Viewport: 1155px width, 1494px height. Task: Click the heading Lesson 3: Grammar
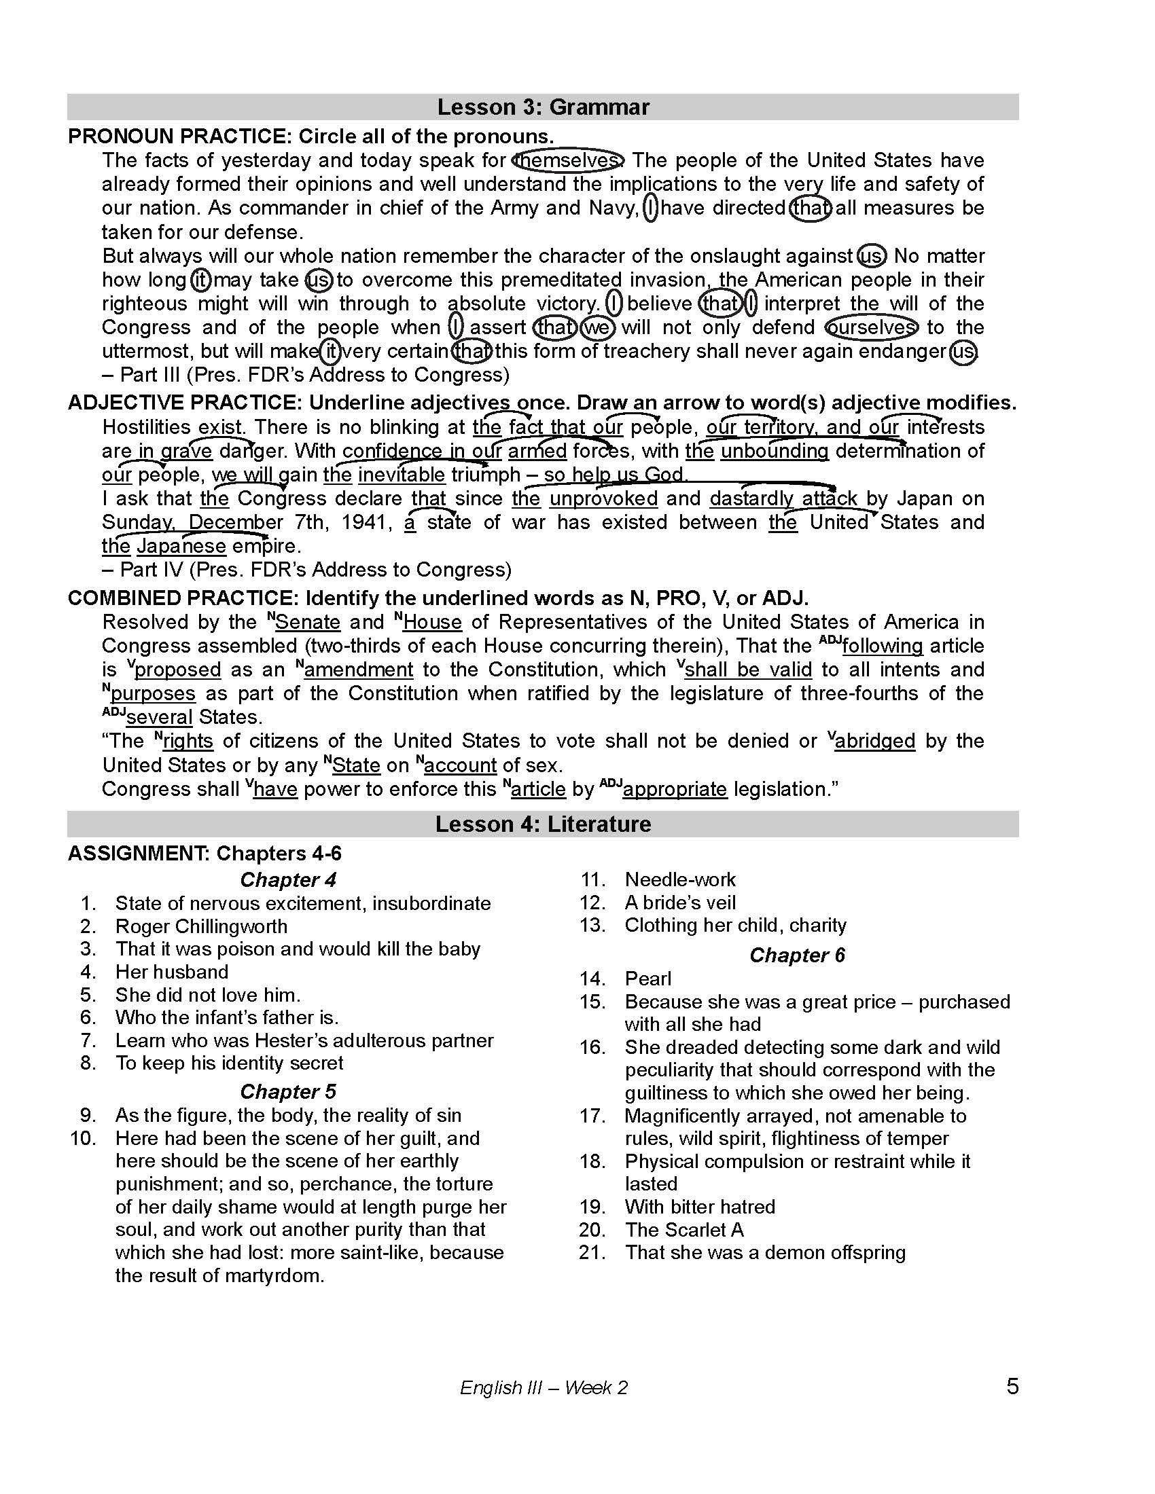click(x=543, y=107)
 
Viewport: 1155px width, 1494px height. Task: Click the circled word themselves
click(x=569, y=160)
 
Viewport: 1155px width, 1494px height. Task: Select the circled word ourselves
click(x=870, y=328)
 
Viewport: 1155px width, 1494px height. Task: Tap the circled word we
click(x=597, y=328)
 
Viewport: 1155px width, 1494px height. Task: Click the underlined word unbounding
click(x=775, y=451)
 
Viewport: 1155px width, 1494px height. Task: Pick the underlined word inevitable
click(x=402, y=475)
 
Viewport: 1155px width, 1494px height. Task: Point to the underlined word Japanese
click(x=181, y=546)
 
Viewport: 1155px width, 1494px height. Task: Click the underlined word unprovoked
click(x=603, y=498)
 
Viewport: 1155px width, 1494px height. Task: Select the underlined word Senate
click(x=308, y=622)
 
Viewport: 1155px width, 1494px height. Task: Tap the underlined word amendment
click(x=359, y=669)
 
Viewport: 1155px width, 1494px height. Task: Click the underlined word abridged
click(x=875, y=741)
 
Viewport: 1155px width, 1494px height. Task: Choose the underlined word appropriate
click(x=675, y=788)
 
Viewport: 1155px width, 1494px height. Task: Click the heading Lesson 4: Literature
click(x=543, y=824)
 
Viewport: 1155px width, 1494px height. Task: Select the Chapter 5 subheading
click(x=288, y=1091)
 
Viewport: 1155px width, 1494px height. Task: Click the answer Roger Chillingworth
click(x=201, y=926)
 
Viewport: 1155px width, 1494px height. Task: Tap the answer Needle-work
click(x=680, y=879)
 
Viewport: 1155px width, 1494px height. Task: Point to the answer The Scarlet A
click(x=683, y=1229)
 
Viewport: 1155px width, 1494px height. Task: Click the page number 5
click(x=1013, y=1387)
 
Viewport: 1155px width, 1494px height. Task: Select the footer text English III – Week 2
click(x=544, y=1388)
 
